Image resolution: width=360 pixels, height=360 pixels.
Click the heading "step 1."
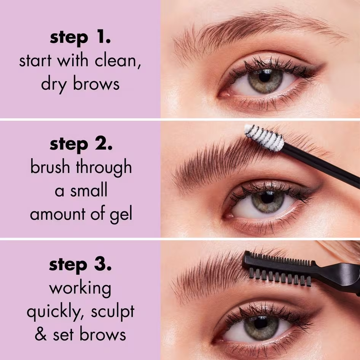(x=80, y=38)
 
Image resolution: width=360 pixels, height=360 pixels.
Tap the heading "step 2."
(x=80, y=145)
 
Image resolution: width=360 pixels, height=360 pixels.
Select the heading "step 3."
(x=80, y=265)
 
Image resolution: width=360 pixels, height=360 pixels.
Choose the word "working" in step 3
(x=80, y=288)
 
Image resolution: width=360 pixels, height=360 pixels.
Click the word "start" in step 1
(x=35, y=61)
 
